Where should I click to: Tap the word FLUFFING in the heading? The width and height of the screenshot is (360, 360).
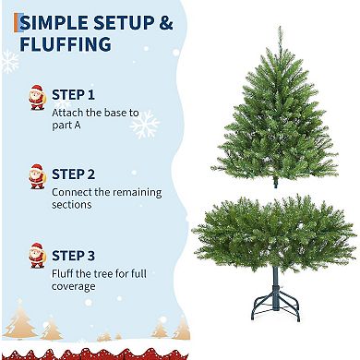pyautogui.click(x=64, y=44)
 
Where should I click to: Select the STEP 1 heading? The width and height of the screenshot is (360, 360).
pyautogui.click(x=73, y=95)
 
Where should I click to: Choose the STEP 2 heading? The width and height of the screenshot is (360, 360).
pyautogui.click(x=73, y=174)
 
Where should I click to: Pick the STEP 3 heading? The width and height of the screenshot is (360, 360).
pyautogui.click(x=73, y=255)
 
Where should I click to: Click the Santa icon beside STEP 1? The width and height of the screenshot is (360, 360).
pyautogui.click(x=37, y=97)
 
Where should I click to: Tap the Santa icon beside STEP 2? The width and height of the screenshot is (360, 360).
pyautogui.click(x=37, y=175)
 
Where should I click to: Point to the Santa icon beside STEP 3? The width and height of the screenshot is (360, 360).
pyautogui.click(x=37, y=257)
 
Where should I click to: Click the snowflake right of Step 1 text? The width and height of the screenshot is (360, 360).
pyautogui.click(x=145, y=124)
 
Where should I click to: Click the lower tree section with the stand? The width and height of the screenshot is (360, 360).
pyautogui.click(x=275, y=235)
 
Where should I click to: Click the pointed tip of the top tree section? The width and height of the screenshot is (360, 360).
pyautogui.click(x=279, y=30)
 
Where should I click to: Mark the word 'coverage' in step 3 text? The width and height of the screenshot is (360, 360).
pyautogui.click(x=73, y=287)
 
